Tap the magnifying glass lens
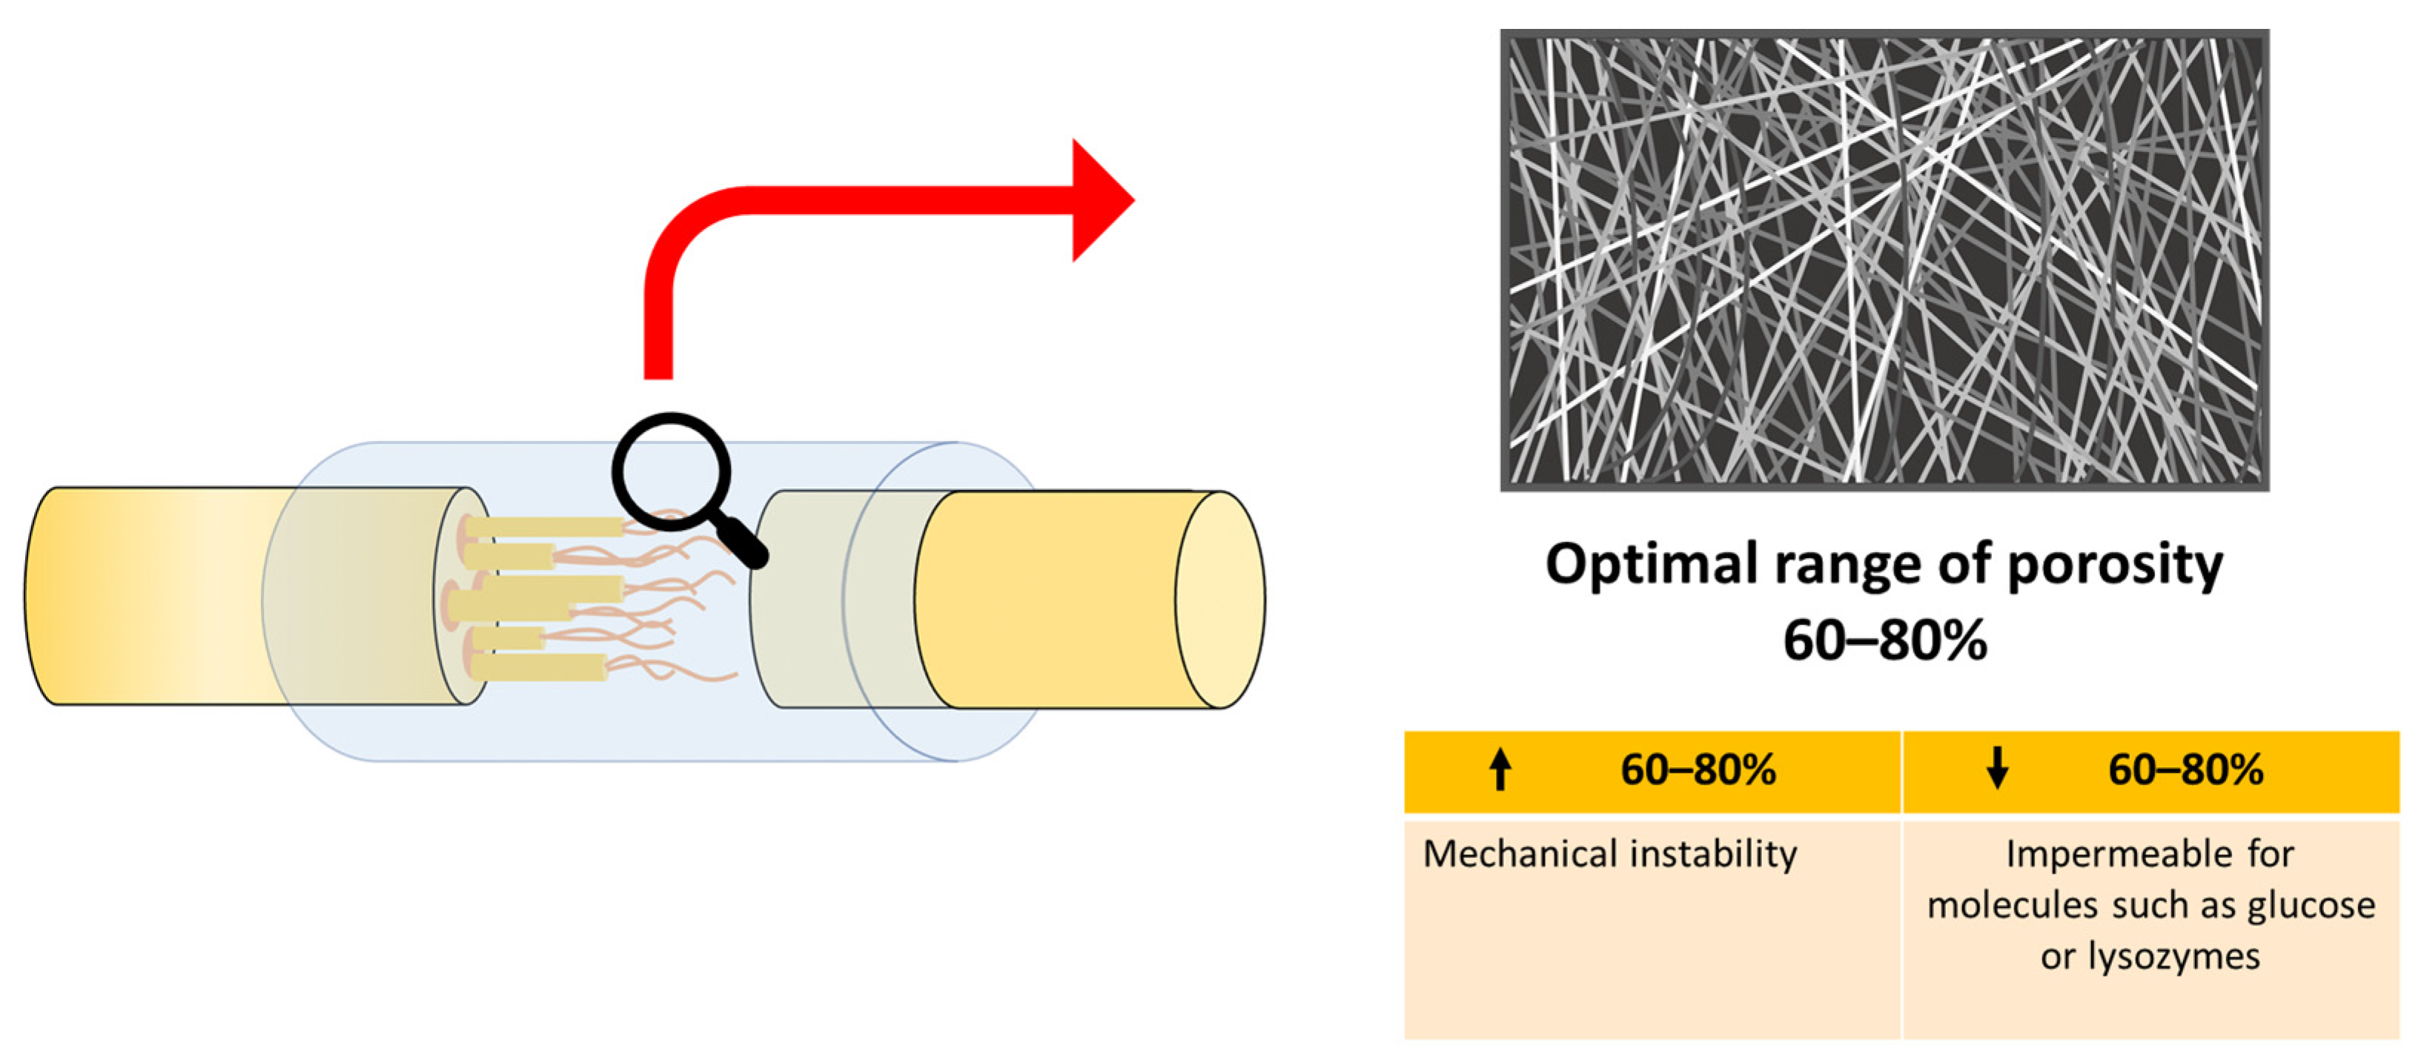point(671,471)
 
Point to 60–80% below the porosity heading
point(1885,640)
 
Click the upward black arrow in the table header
point(1501,769)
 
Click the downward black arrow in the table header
point(1997,769)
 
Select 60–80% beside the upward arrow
point(1698,769)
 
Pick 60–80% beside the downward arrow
point(2185,769)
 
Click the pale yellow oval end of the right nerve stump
point(1219,600)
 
